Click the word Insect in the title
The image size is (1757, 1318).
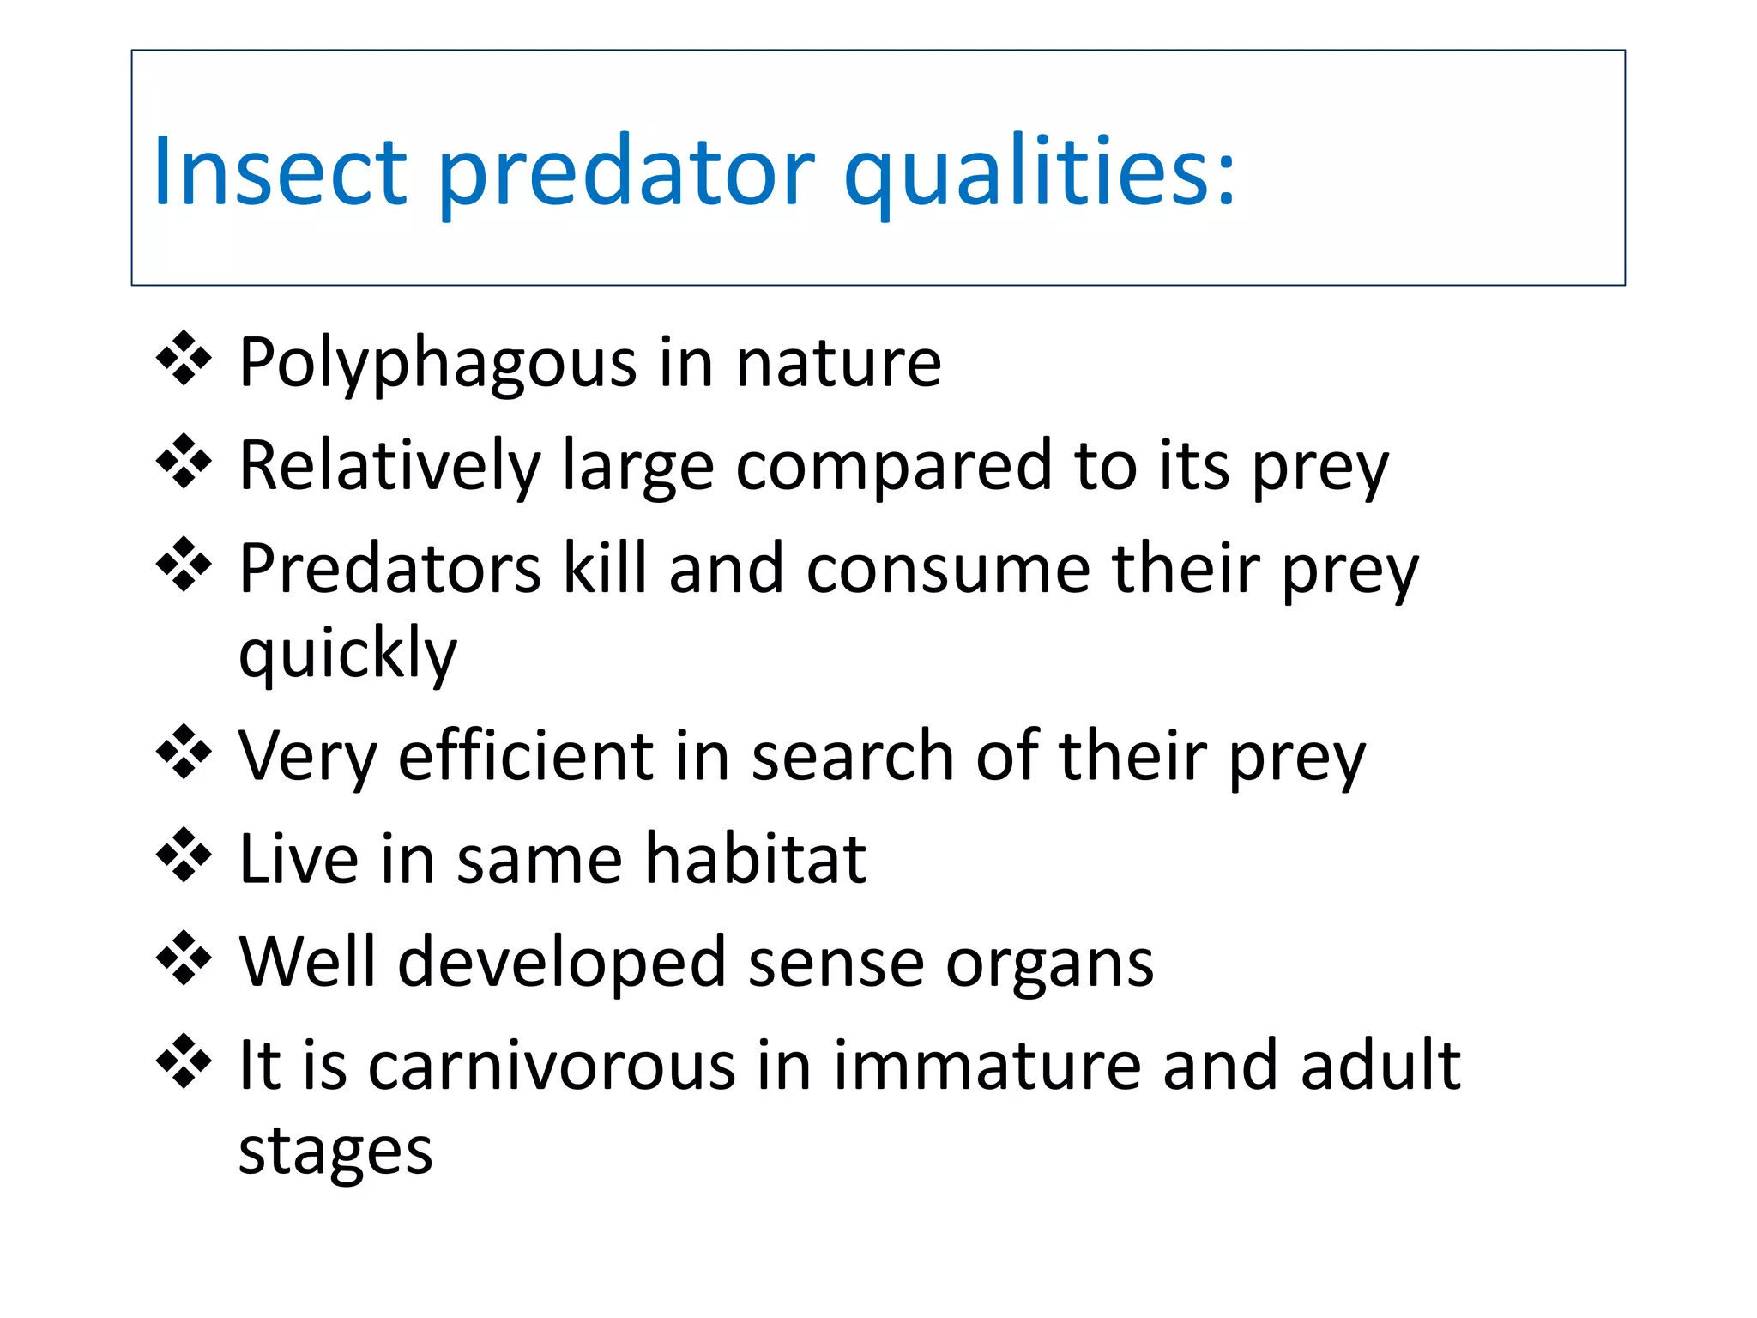(280, 172)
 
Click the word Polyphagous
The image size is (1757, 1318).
(438, 365)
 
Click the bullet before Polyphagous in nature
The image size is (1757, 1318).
(184, 358)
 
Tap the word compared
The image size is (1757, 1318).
(893, 468)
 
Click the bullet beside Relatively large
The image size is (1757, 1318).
(184, 462)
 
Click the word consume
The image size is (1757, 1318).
(948, 570)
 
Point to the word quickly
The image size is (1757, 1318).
(347, 655)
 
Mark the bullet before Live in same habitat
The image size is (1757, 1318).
(184, 855)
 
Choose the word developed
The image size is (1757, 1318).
(562, 962)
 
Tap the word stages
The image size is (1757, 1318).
(335, 1152)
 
